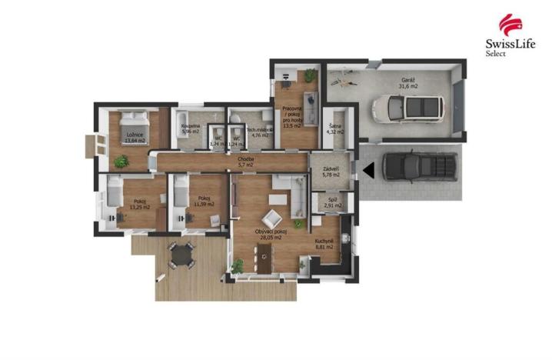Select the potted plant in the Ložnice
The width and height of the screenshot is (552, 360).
(x=121, y=162)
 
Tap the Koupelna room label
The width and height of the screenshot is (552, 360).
(x=190, y=128)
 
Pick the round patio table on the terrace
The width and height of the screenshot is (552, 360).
(x=181, y=254)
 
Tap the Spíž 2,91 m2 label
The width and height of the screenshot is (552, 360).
(x=333, y=204)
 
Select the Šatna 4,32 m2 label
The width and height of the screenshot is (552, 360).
(x=335, y=129)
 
